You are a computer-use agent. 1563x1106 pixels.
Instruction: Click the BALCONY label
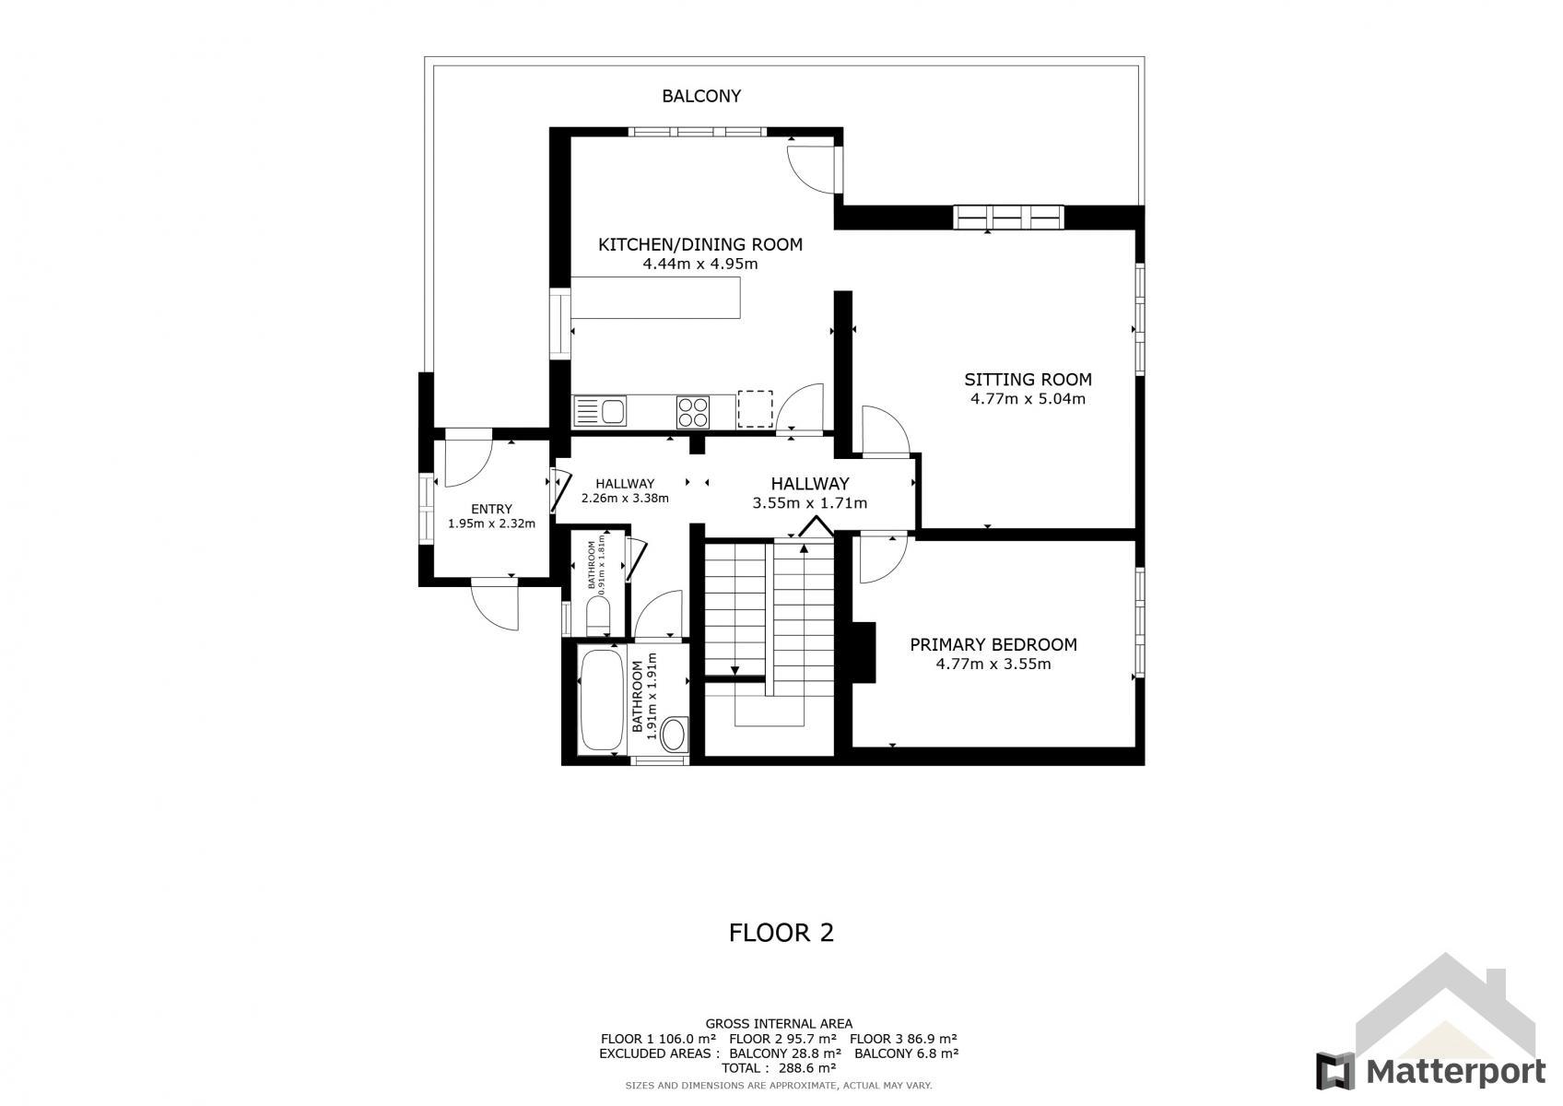point(701,96)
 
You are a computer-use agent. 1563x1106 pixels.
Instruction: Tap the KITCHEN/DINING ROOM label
point(700,245)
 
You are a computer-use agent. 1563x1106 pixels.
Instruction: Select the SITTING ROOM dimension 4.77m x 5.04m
point(1028,399)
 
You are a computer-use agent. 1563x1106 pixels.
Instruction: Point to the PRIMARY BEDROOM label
point(993,645)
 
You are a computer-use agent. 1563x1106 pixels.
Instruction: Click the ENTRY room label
point(491,510)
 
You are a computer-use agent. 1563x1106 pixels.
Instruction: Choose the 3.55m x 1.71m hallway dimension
point(809,503)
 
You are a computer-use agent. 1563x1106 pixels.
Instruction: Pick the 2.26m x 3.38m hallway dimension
point(625,499)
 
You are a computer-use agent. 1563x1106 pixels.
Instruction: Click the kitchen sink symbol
point(600,411)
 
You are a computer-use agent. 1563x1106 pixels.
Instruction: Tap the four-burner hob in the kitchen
point(692,412)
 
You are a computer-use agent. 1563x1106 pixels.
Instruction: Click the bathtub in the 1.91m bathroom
point(602,700)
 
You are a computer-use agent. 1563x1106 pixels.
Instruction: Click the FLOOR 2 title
point(781,933)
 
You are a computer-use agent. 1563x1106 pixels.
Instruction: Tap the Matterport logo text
point(1455,1072)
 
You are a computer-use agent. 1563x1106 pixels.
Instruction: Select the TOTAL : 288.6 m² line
point(779,1067)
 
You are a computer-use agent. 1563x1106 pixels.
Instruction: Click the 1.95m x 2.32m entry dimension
point(491,524)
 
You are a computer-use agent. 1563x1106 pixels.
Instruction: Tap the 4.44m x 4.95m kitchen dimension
point(699,264)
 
